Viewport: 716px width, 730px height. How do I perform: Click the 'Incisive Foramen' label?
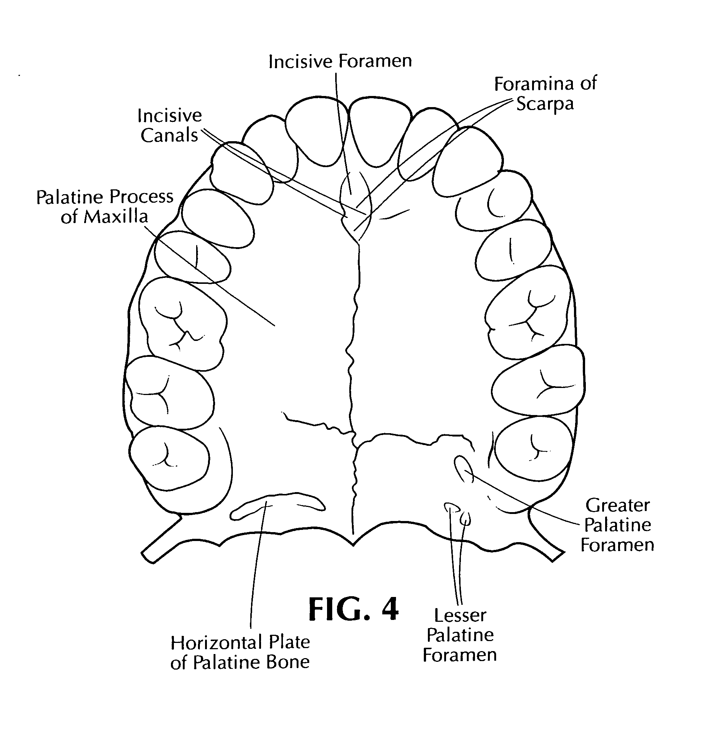(340, 61)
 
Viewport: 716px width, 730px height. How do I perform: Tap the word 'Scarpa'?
(545, 104)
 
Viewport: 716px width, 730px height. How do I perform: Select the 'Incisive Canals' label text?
(169, 126)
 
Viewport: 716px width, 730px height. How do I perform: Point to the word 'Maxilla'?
(115, 217)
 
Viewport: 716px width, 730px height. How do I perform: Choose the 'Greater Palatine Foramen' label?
(617, 525)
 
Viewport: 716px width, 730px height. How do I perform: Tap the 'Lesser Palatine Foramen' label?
(459, 636)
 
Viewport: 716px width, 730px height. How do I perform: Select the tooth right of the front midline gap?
(380, 132)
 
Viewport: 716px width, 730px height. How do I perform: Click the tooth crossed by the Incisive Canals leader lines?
(241, 173)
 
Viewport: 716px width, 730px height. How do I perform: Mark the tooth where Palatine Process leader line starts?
(192, 258)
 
